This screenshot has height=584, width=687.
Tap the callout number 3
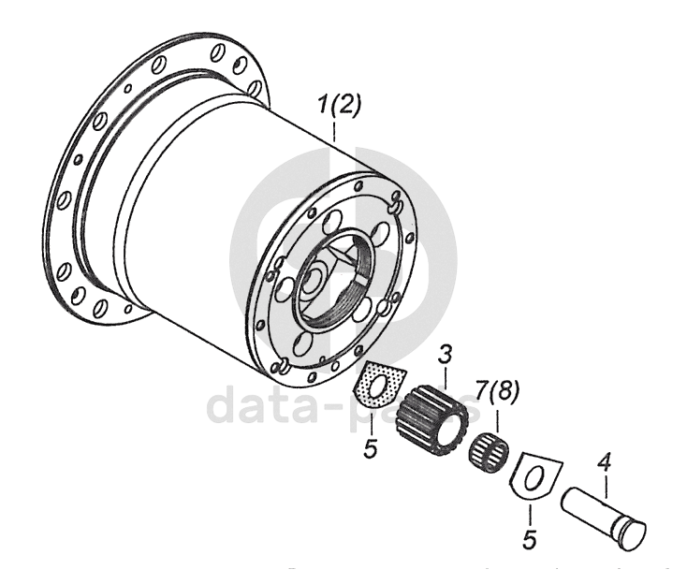point(446,356)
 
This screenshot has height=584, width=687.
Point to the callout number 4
point(605,462)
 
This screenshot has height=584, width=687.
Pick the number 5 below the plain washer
point(529,541)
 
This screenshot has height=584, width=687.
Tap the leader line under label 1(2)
point(335,130)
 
